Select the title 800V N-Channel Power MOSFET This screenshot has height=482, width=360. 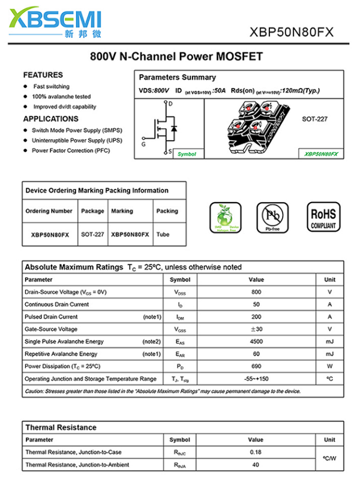[x=176, y=57]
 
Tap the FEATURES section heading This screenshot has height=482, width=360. [x=43, y=75]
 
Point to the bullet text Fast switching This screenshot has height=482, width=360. [x=51, y=86]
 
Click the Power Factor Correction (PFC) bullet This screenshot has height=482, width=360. [x=71, y=150]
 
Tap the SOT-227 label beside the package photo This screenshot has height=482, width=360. [x=314, y=119]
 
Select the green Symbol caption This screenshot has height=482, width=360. [x=187, y=154]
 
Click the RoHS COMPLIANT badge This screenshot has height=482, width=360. [x=323, y=218]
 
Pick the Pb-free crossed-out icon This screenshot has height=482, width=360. [x=272, y=218]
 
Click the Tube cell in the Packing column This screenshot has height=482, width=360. [x=163, y=234]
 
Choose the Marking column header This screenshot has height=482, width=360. [x=122, y=211]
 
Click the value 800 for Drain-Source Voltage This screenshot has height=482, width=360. [x=256, y=292]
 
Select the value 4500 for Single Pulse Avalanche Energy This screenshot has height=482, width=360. [x=256, y=342]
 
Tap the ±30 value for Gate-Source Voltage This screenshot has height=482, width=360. [x=256, y=329]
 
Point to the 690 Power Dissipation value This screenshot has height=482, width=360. [x=256, y=366]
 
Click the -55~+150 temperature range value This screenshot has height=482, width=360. [x=256, y=379]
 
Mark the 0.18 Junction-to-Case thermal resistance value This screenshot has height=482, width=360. [x=256, y=451]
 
